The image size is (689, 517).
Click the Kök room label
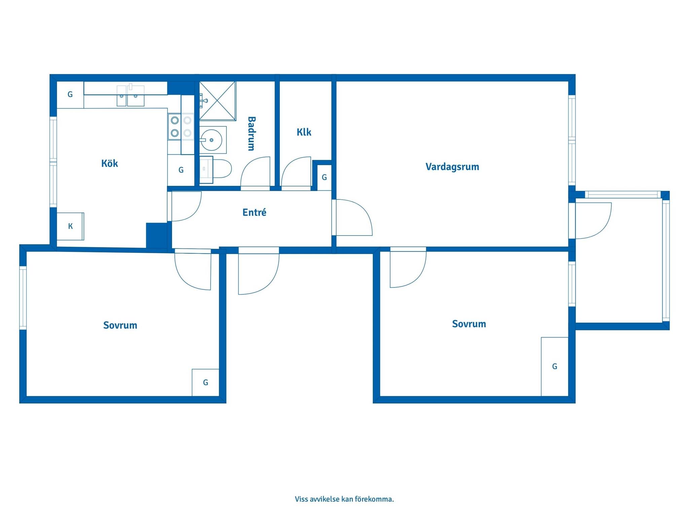(x=110, y=164)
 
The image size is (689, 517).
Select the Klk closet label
(x=304, y=132)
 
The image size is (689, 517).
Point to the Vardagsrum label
(x=452, y=167)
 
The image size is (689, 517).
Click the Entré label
(x=254, y=212)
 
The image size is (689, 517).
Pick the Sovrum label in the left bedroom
(x=120, y=325)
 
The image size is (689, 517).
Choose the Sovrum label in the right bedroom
(x=469, y=324)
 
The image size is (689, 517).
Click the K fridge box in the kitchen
(x=70, y=226)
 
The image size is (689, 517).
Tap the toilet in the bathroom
(x=216, y=169)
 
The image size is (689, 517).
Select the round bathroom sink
(x=211, y=139)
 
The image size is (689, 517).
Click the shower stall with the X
(x=217, y=100)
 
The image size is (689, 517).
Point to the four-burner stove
(x=181, y=127)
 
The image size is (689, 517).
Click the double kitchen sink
(x=131, y=96)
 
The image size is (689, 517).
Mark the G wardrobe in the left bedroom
(x=206, y=383)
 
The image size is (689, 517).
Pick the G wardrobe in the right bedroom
(x=555, y=367)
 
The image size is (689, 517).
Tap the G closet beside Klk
(x=324, y=177)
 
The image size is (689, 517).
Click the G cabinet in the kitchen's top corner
(x=70, y=95)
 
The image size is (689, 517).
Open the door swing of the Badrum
(x=255, y=171)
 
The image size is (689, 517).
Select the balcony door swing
(x=593, y=221)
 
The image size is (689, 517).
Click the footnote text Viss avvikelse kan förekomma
(x=344, y=499)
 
